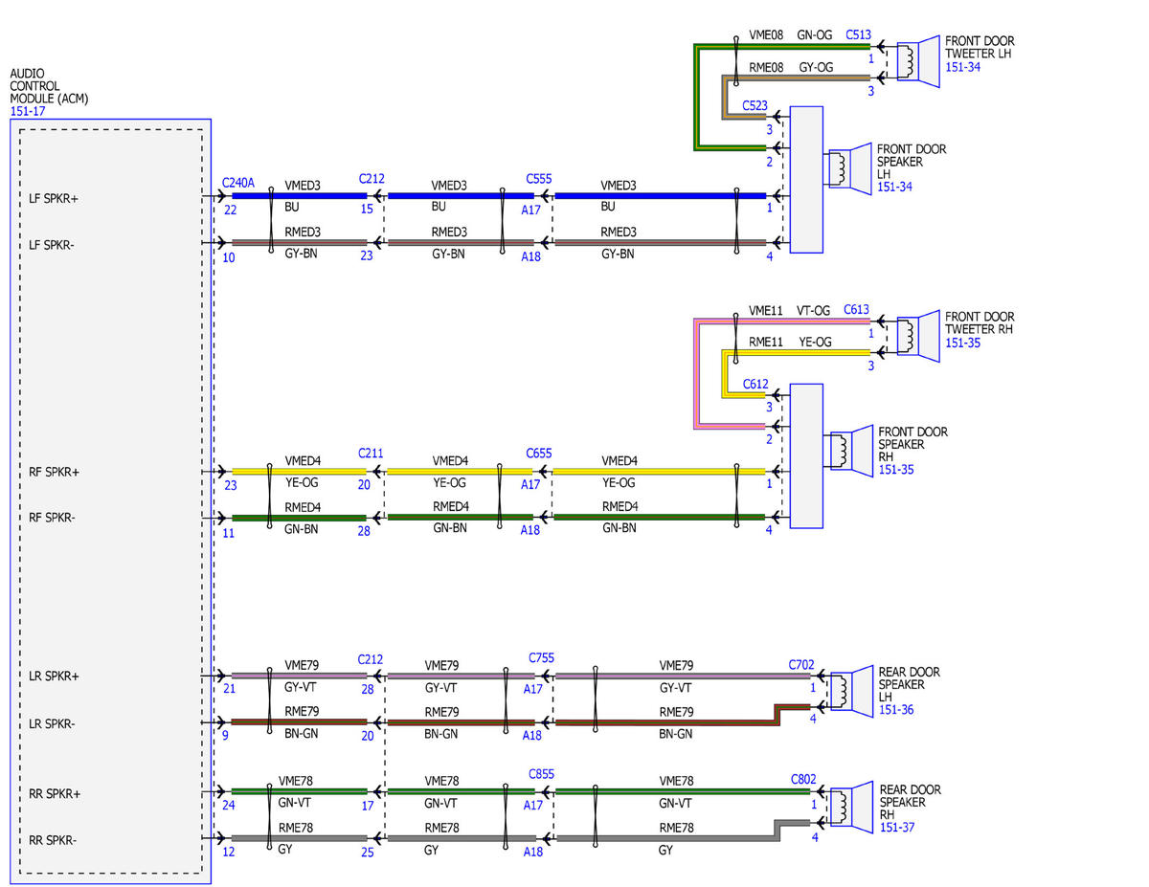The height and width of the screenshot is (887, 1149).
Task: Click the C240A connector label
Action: [238, 183]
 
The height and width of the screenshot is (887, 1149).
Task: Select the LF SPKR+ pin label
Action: [54, 199]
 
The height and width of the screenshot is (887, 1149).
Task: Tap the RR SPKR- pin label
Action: [53, 840]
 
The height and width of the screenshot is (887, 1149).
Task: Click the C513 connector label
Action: [858, 34]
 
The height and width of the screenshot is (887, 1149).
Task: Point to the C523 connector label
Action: [755, 105]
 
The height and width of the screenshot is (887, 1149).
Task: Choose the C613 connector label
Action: [856, 310]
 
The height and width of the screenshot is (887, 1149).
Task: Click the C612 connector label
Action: [755, 384]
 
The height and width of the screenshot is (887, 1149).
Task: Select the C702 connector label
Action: [801, 665]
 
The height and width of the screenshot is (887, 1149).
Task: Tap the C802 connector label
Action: [803, 779]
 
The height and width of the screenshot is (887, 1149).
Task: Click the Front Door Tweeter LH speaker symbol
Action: [918, 61]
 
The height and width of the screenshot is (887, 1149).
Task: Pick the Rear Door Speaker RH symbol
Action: [851, 808]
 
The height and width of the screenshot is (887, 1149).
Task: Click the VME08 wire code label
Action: [766, 35]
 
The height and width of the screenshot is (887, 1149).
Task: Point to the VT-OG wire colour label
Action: [813, 311]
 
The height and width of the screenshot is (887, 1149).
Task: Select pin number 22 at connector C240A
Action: [230, 211]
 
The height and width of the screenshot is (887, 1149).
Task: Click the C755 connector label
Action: [541, 657]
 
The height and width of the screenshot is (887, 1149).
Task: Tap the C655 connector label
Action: [539, 454]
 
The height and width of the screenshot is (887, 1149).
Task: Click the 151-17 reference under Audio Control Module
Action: [28, 111]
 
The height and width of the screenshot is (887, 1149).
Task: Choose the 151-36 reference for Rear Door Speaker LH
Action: [896, 710]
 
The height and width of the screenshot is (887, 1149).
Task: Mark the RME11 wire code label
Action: [766, 343]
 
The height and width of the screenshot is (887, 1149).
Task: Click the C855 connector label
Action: [541, 774]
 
